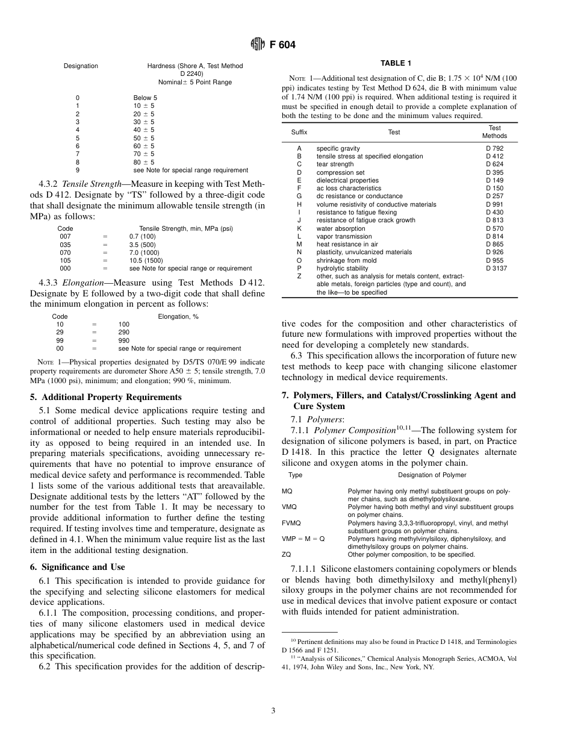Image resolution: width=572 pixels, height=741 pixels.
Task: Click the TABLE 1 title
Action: pyautogui.click(x=396, y=63)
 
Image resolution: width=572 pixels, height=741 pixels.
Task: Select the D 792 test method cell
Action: pyautogui.click(x=494, y=148)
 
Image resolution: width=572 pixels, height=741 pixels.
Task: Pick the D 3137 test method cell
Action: pyautogui.click(x=496, y=268)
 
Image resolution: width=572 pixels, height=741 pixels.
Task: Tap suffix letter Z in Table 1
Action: pyautogui.click(x=299, y=276)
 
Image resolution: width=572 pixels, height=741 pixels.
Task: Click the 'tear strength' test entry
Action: pyautogui.click(x=335, y=164)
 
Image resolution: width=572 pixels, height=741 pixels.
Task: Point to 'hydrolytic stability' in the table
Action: pyautogui.click(x=342, y=268)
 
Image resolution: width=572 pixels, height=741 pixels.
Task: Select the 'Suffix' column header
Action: pyautogui.click(x=299, y=132)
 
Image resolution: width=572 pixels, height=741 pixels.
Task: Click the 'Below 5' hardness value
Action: pyautogui.click(x=145, y=98)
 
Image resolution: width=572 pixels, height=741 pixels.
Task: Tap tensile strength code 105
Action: pyautogui.click(x=65, y=260)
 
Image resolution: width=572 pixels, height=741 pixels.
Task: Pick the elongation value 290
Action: pyautogui.click(x=124, y=332)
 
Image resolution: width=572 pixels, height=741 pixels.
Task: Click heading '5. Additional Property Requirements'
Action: pyautogui.click(x=105, y=397)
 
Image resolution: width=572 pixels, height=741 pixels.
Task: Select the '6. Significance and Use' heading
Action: pyautogui.click(x=78, y=567)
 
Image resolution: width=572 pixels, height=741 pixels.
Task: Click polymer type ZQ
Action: pyautogui.click(x=287, y=554)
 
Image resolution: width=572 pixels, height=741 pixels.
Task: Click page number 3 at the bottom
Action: pyautogui.click(x=273, y=711)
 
